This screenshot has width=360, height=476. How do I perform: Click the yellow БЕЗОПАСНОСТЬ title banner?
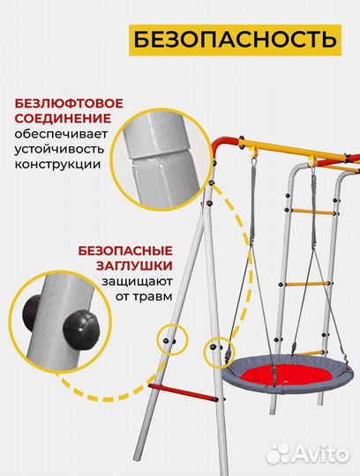click(233, 40)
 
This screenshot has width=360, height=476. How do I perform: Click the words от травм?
click(146, 296)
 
